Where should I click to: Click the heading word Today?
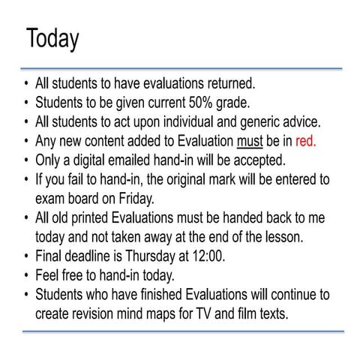coord(52,38)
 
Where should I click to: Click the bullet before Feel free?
coord(26,276)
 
